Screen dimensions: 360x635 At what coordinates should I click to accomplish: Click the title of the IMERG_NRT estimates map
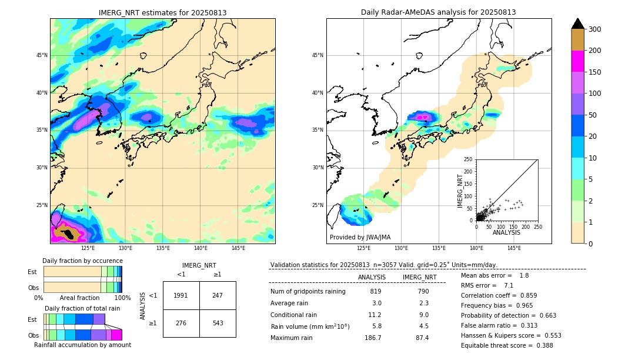[162, 12]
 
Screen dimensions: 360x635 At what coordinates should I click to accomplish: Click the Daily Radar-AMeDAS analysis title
[438, 12]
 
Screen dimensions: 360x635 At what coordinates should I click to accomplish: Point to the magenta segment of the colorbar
[578, 61]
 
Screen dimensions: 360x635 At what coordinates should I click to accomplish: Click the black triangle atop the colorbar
[578, 24]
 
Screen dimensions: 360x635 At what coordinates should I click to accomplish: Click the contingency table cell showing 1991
[181, 295]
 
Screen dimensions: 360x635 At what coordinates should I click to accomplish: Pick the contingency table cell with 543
[218, 323]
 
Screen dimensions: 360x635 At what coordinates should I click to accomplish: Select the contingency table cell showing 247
[218, 295]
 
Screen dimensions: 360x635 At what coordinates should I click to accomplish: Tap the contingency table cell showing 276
[181, 323]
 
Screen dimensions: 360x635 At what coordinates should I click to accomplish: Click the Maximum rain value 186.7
[373, 338]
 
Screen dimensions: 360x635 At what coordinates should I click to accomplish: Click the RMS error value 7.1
[509, 285]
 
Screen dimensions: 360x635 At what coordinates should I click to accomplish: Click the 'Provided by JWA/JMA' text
[360, 237]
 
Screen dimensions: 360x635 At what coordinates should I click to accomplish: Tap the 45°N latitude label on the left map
[41, 55]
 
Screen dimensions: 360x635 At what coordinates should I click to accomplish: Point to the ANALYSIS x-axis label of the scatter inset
[506, 232]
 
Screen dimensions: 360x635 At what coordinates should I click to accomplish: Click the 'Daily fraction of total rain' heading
[82, 308]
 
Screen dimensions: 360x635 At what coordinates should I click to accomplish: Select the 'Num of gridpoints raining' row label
[308, 291]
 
